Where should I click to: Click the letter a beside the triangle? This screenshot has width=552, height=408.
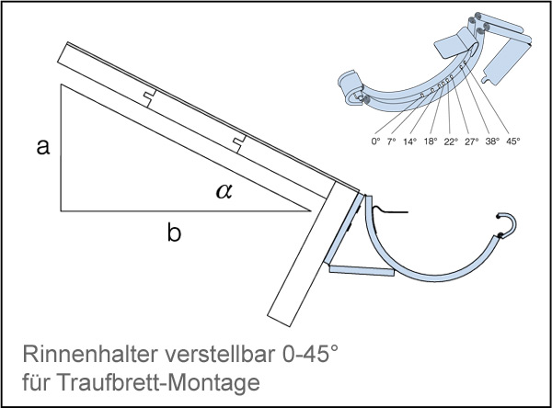click(41, 147)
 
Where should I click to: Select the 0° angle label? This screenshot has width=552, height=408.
click(374, 142)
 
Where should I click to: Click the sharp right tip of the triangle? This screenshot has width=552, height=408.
click(308, 210)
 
